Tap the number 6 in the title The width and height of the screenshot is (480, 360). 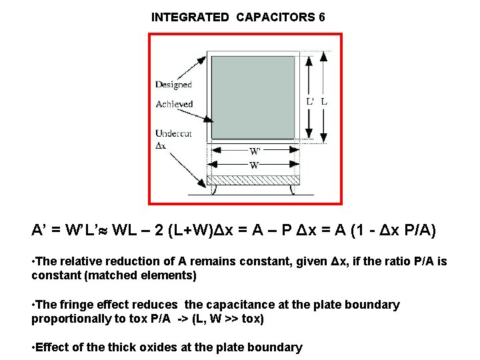click(x=322, y=17)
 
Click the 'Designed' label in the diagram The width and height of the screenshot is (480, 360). click(x=173, y=85)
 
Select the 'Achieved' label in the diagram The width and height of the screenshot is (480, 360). click(x=174, y=104)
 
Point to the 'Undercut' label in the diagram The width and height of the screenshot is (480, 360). click(x=173, y=133)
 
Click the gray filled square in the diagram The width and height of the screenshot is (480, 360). click(x=253, y=96)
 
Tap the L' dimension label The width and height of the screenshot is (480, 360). click(x=311, y=101)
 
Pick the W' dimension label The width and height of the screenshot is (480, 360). click(x=255, y=151)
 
